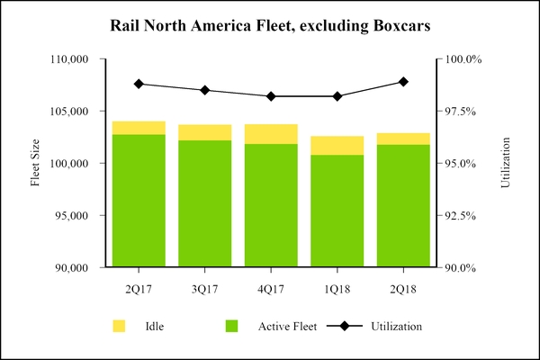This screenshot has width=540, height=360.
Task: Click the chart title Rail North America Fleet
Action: pyautogui.click(x=270, y=26)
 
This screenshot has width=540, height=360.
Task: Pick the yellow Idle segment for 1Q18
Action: pyautogui.click(x=337, y=146)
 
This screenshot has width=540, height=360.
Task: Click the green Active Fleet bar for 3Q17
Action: pyautogui.click(x=204, y=203)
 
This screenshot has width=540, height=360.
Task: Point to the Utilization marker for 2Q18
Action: pyautogui.click(x=403, y=82)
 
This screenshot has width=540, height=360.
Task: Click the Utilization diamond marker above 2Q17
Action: pyautogui.click(x=139, y=84)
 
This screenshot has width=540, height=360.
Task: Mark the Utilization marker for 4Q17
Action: pyautogui.click(x=271, y=96)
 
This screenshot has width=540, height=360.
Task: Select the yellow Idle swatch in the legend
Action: pyautogui.click(x=119, y=325)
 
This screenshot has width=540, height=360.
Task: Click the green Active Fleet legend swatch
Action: pyautogui.click(x=231, y=325)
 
